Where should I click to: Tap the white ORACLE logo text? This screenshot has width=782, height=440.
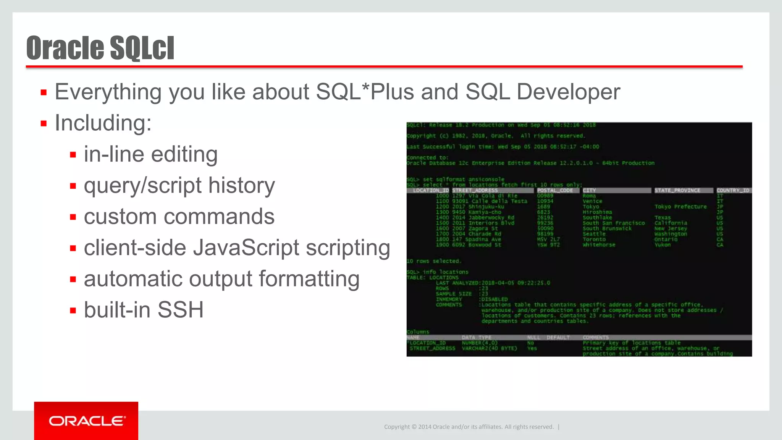pyautogui.click(x=87, y=421)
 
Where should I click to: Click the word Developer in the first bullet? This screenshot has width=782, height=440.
pyautogui.click(x=568, y=92)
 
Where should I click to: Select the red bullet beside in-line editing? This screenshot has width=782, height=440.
pyautogui.click(x=73, y=155)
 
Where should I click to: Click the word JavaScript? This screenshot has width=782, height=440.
pyautogui.click(x=246, y=248)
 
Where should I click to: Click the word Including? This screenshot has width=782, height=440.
pyautogui.click(x=103, y=123)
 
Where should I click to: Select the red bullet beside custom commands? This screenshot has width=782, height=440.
pyautogui.click(x=73, y=217)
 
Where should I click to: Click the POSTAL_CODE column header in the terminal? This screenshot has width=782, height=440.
pyautogui.click(x=555, y=190)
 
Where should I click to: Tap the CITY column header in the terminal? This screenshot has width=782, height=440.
pyautogui.click(x=589, y=190)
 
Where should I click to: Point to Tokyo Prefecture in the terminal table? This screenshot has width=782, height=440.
pyautogui.click(x=680, y=207)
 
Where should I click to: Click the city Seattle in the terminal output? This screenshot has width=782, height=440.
pyautogui.click(x=594, y=234)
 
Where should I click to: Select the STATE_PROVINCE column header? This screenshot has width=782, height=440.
pyautogui.click(x=677, y=190)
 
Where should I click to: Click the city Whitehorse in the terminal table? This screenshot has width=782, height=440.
pyautogui.click(x=599, y=245)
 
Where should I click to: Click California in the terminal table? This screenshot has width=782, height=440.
pyautogui.click(x=671, y=223)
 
